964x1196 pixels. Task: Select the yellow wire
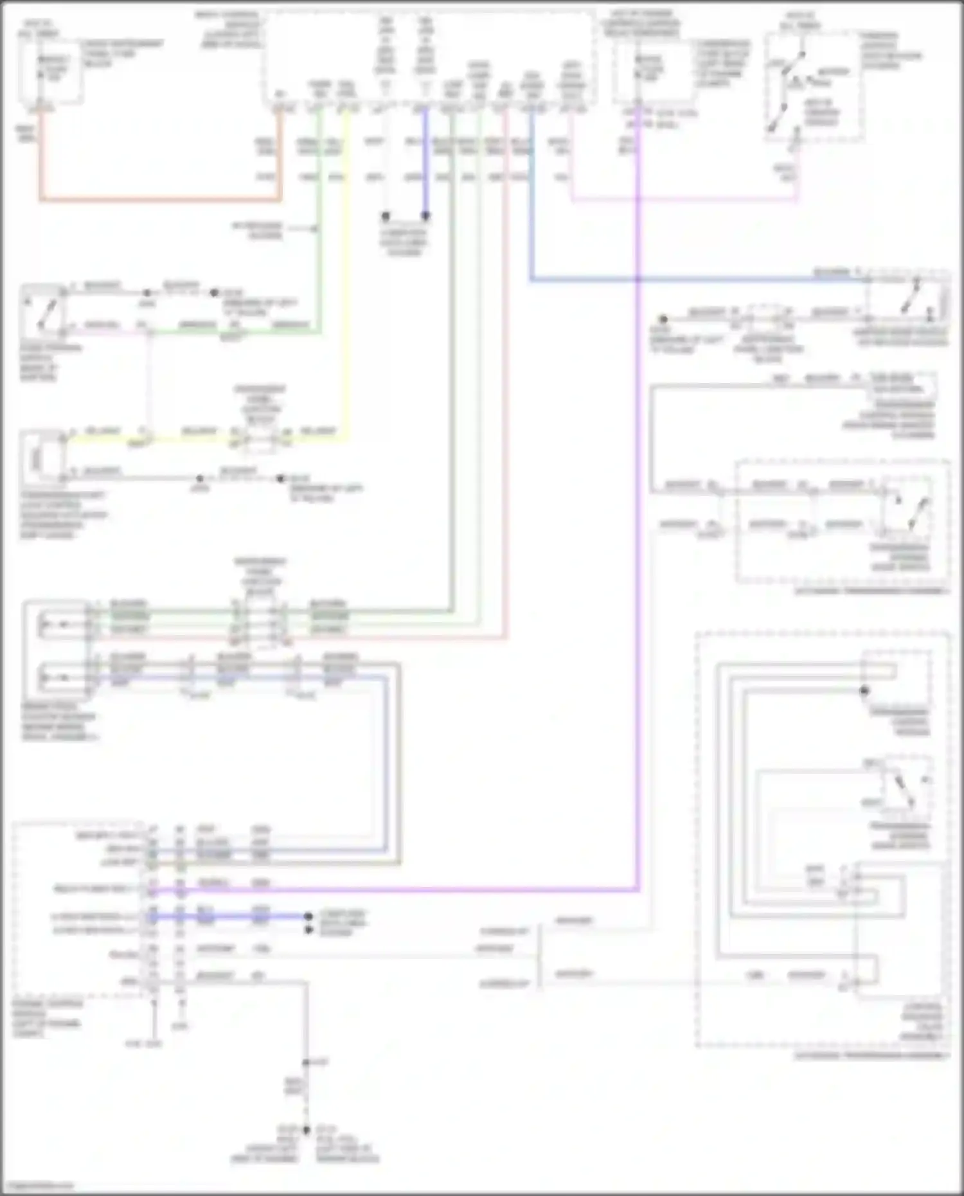[x=348, y=289]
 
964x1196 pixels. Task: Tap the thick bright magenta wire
[x=638, y=514]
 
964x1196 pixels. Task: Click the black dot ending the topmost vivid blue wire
[x=425, y=217]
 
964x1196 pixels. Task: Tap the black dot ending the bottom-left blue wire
[x=308, y=916]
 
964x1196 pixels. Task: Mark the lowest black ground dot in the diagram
[x=306, y=1130]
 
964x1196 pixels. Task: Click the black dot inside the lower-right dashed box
[x=864, y=691]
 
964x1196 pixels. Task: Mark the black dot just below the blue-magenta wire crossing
[x=663, y=319]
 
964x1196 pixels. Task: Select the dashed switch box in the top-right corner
[x=813, y=87]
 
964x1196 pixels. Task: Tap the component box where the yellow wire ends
[x=42, y=458]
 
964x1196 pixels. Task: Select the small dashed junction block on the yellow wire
[x=260, y=437]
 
